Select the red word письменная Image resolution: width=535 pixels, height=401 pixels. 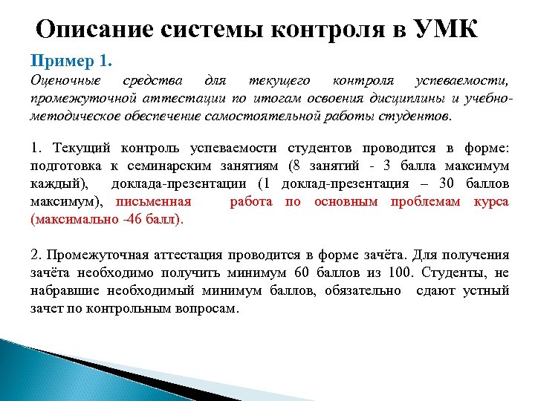click(x=154, y=201)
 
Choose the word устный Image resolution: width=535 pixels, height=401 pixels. click(x=486, y=291)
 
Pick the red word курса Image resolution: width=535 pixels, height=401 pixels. click(x=492, y=201)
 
